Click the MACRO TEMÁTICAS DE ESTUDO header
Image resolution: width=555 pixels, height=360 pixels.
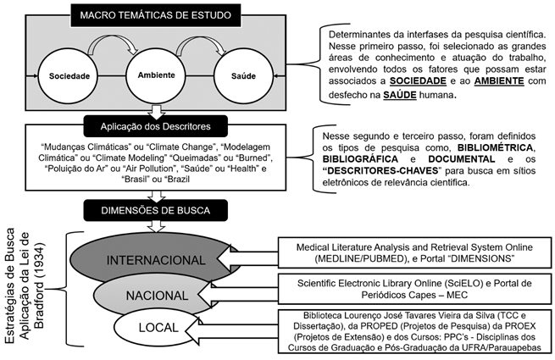point(155,15)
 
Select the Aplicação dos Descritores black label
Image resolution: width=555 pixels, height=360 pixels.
point(155,126)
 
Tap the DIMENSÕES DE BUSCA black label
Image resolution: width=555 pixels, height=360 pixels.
point(155,210)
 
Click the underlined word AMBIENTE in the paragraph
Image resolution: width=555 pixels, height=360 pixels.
point(499,81)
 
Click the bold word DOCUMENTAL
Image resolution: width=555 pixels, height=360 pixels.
point(461,159)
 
